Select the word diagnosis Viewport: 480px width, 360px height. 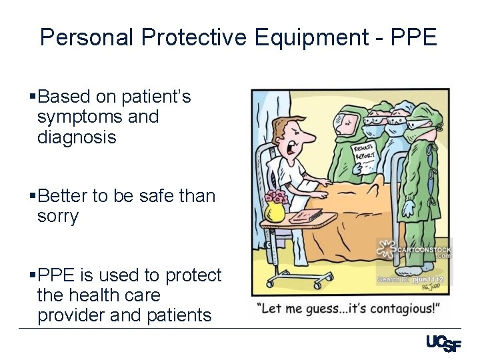pos(77,137)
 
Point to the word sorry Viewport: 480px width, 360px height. pos(58,217)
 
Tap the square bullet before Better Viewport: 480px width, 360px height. pos(33,197)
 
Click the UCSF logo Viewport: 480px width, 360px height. pos(443,343)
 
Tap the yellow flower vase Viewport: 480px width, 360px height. pos(275,211)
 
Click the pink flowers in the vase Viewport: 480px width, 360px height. pos(276,197)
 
